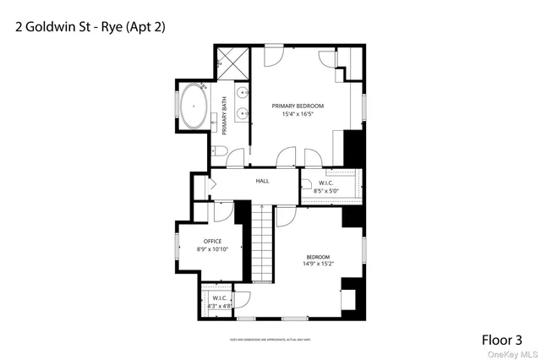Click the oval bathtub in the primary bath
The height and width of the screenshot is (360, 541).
(194, 106)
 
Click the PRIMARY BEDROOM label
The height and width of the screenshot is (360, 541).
(298, 106)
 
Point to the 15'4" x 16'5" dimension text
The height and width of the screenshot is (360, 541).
(298, 115)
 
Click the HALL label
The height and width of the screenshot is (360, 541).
(262, 181)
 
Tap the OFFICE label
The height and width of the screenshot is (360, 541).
(212, 242)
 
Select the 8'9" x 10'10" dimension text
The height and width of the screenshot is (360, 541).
(212, 250)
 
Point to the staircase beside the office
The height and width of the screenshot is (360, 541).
(265, 245)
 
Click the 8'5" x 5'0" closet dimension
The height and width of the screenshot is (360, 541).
(326, 192)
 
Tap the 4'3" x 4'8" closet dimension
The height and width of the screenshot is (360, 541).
(218, 306)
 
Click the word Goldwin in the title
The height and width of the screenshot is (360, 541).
(48, 26)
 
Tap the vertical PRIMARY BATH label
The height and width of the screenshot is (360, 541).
(225, 116)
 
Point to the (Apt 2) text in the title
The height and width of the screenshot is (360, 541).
(145, 26)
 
